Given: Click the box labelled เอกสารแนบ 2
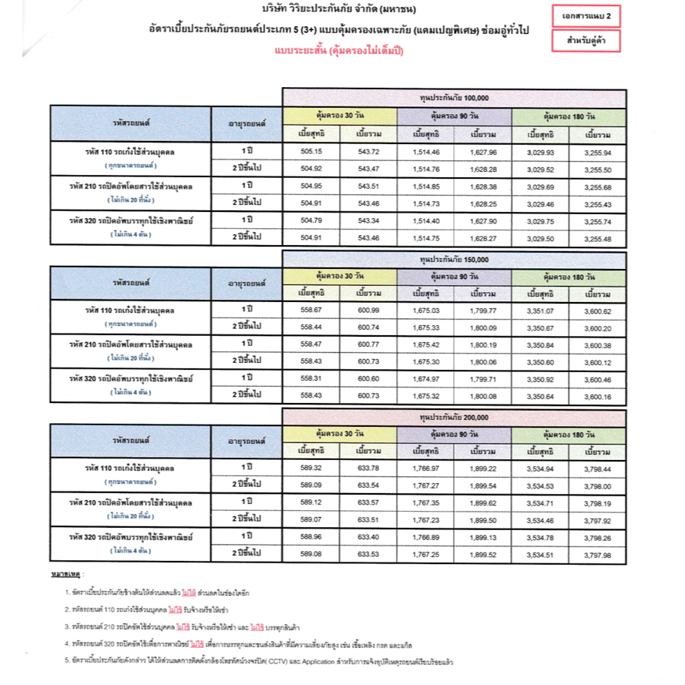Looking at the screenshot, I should click(586, 16).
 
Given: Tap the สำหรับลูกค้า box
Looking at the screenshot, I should click(586, 42).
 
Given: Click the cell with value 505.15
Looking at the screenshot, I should click(312, 153).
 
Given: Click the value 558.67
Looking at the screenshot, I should click(312, 311).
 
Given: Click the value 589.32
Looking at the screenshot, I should click(312, 468).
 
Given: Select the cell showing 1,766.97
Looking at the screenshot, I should click(426, 468).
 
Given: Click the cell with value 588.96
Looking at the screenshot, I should click(312, 536).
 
